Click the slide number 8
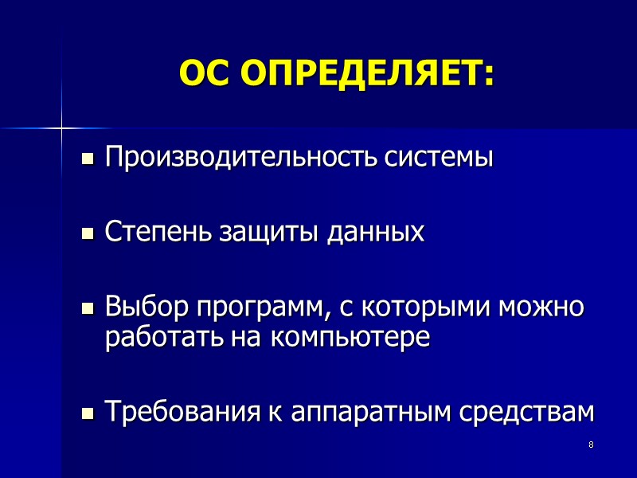coord(591,444)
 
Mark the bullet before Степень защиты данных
coord(88,234)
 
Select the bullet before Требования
coord(88,413)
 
